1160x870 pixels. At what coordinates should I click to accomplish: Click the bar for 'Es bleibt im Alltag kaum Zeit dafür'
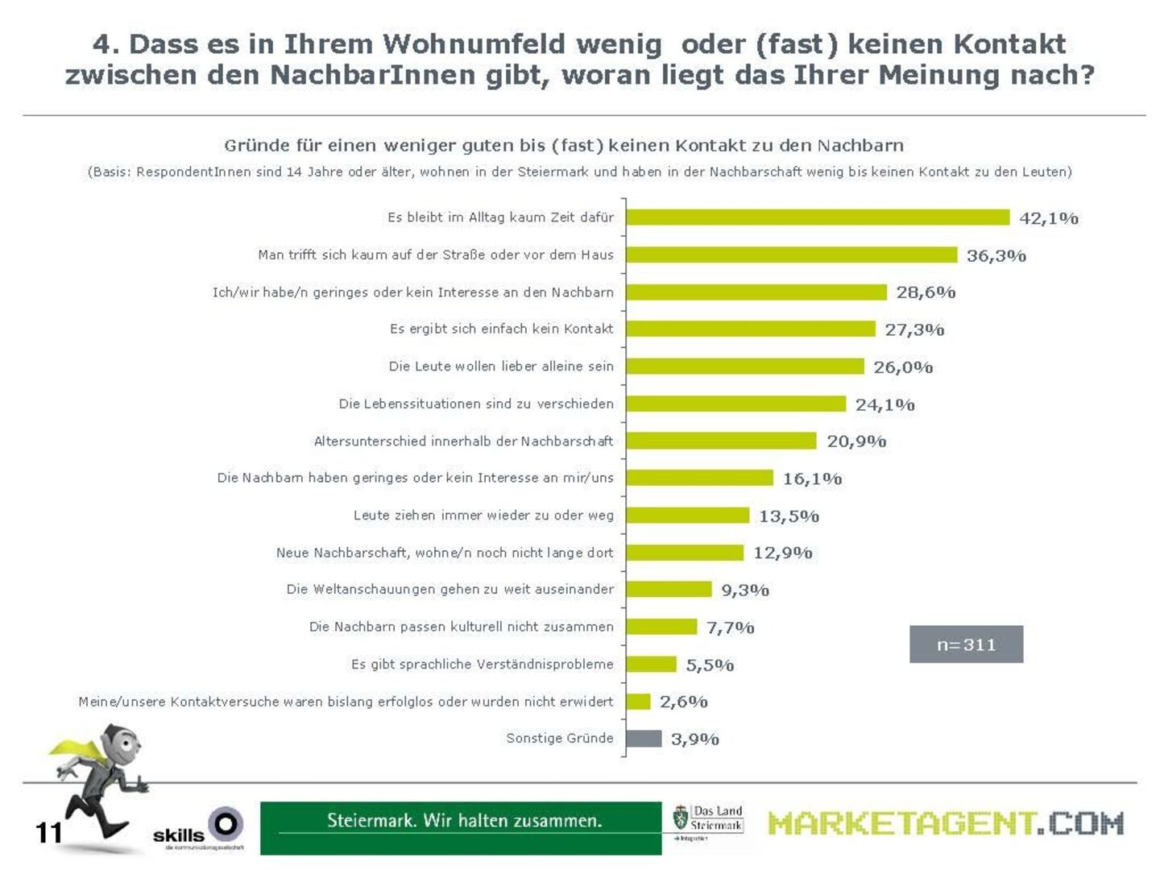pyautogui.click(x=817, y=217)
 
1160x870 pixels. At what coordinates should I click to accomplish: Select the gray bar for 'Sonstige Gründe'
pyautogui.click(x=644, y=739)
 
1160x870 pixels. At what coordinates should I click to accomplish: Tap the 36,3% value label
pyautogui.click(x=996, y=255)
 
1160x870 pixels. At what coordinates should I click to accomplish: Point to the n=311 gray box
pyautogui.click(x=966, y=644)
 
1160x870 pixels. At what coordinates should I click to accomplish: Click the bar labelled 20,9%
pyautogui.click(x=721, y=441)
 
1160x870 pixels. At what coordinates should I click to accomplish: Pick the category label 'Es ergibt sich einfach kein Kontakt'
pyautogui.click(x=501, y=329)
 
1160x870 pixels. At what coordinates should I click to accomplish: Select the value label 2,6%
pyautogui.click(x=683, y=702)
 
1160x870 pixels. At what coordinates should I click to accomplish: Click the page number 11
pyautogui.click(x=48, y=832)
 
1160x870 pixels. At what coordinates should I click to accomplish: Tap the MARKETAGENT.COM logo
pyautogui.click(x=945, y=823)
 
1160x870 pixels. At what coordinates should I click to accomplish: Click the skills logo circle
pyautogui.click(x=226, y=824)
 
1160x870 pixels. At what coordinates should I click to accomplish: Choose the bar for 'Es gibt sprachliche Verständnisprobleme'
pyautogui.click(x=651, y=664)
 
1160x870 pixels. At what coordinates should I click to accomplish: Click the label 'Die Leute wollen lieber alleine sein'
pyautogui.click(x=500, y=367)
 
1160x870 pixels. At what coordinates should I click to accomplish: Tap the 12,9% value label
pyautogui.click(x=782, y=553)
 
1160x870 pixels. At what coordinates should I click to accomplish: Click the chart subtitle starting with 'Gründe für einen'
pyautogui.click(x=563, y=146)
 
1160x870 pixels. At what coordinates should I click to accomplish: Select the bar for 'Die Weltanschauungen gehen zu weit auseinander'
pyautogui.click(x=669, y=590)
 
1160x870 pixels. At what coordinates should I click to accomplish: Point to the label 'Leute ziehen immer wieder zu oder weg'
pyautogui.click(x=483, y=516)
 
